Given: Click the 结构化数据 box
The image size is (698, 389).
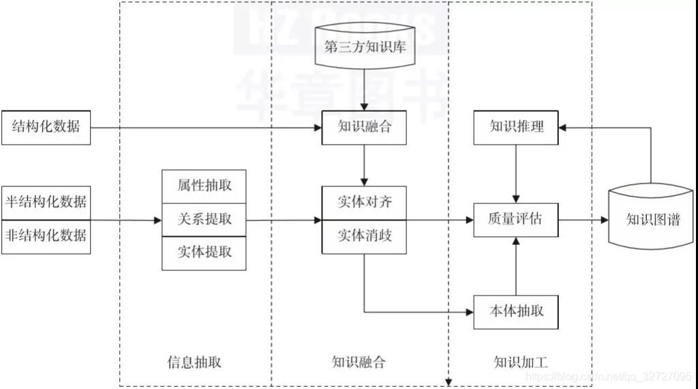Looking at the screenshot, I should click(46, 127).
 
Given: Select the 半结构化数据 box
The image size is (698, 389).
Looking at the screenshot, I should click(46, 202).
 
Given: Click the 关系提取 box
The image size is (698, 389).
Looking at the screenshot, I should click(204, 220).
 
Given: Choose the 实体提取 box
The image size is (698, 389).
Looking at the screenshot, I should click(204, 253).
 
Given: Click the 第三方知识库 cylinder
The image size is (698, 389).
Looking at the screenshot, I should click(365, 47).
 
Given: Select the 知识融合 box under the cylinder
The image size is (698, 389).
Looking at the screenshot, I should click(364, 127).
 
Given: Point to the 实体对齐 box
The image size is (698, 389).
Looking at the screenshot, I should click(364, 203).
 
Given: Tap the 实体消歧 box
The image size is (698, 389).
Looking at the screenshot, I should click(364, 237).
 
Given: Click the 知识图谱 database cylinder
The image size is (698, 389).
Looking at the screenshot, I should click(652, 220).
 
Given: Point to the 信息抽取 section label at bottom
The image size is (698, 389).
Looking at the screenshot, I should click(194, 362).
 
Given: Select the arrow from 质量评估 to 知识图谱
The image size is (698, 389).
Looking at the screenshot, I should click(583, 220).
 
